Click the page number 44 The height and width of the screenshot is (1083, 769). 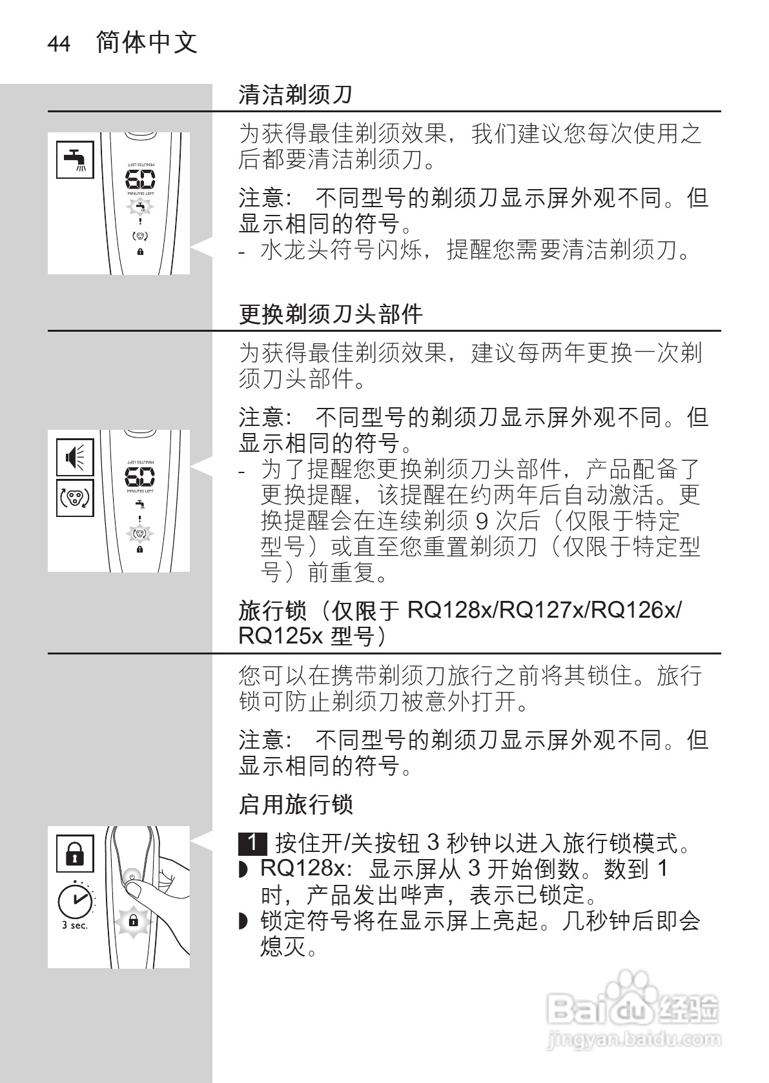click(59, 45)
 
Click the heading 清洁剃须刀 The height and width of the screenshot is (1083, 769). click(295, 95)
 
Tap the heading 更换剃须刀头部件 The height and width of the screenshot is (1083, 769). click(331, 314)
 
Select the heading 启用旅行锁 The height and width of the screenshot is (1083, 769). click(295, 805)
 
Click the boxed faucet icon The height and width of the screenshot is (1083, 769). click(75, 159)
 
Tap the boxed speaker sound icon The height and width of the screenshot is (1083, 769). click(75, 457)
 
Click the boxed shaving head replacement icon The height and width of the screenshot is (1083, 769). click(75, 498)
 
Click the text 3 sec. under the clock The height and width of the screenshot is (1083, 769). click(75, 926)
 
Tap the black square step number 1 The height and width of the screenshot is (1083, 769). click(252, 842)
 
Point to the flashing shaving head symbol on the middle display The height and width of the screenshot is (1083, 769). click(140, 534)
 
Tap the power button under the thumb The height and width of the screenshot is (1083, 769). click(132, 877)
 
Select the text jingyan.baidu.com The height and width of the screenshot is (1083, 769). click(633, 1040)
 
